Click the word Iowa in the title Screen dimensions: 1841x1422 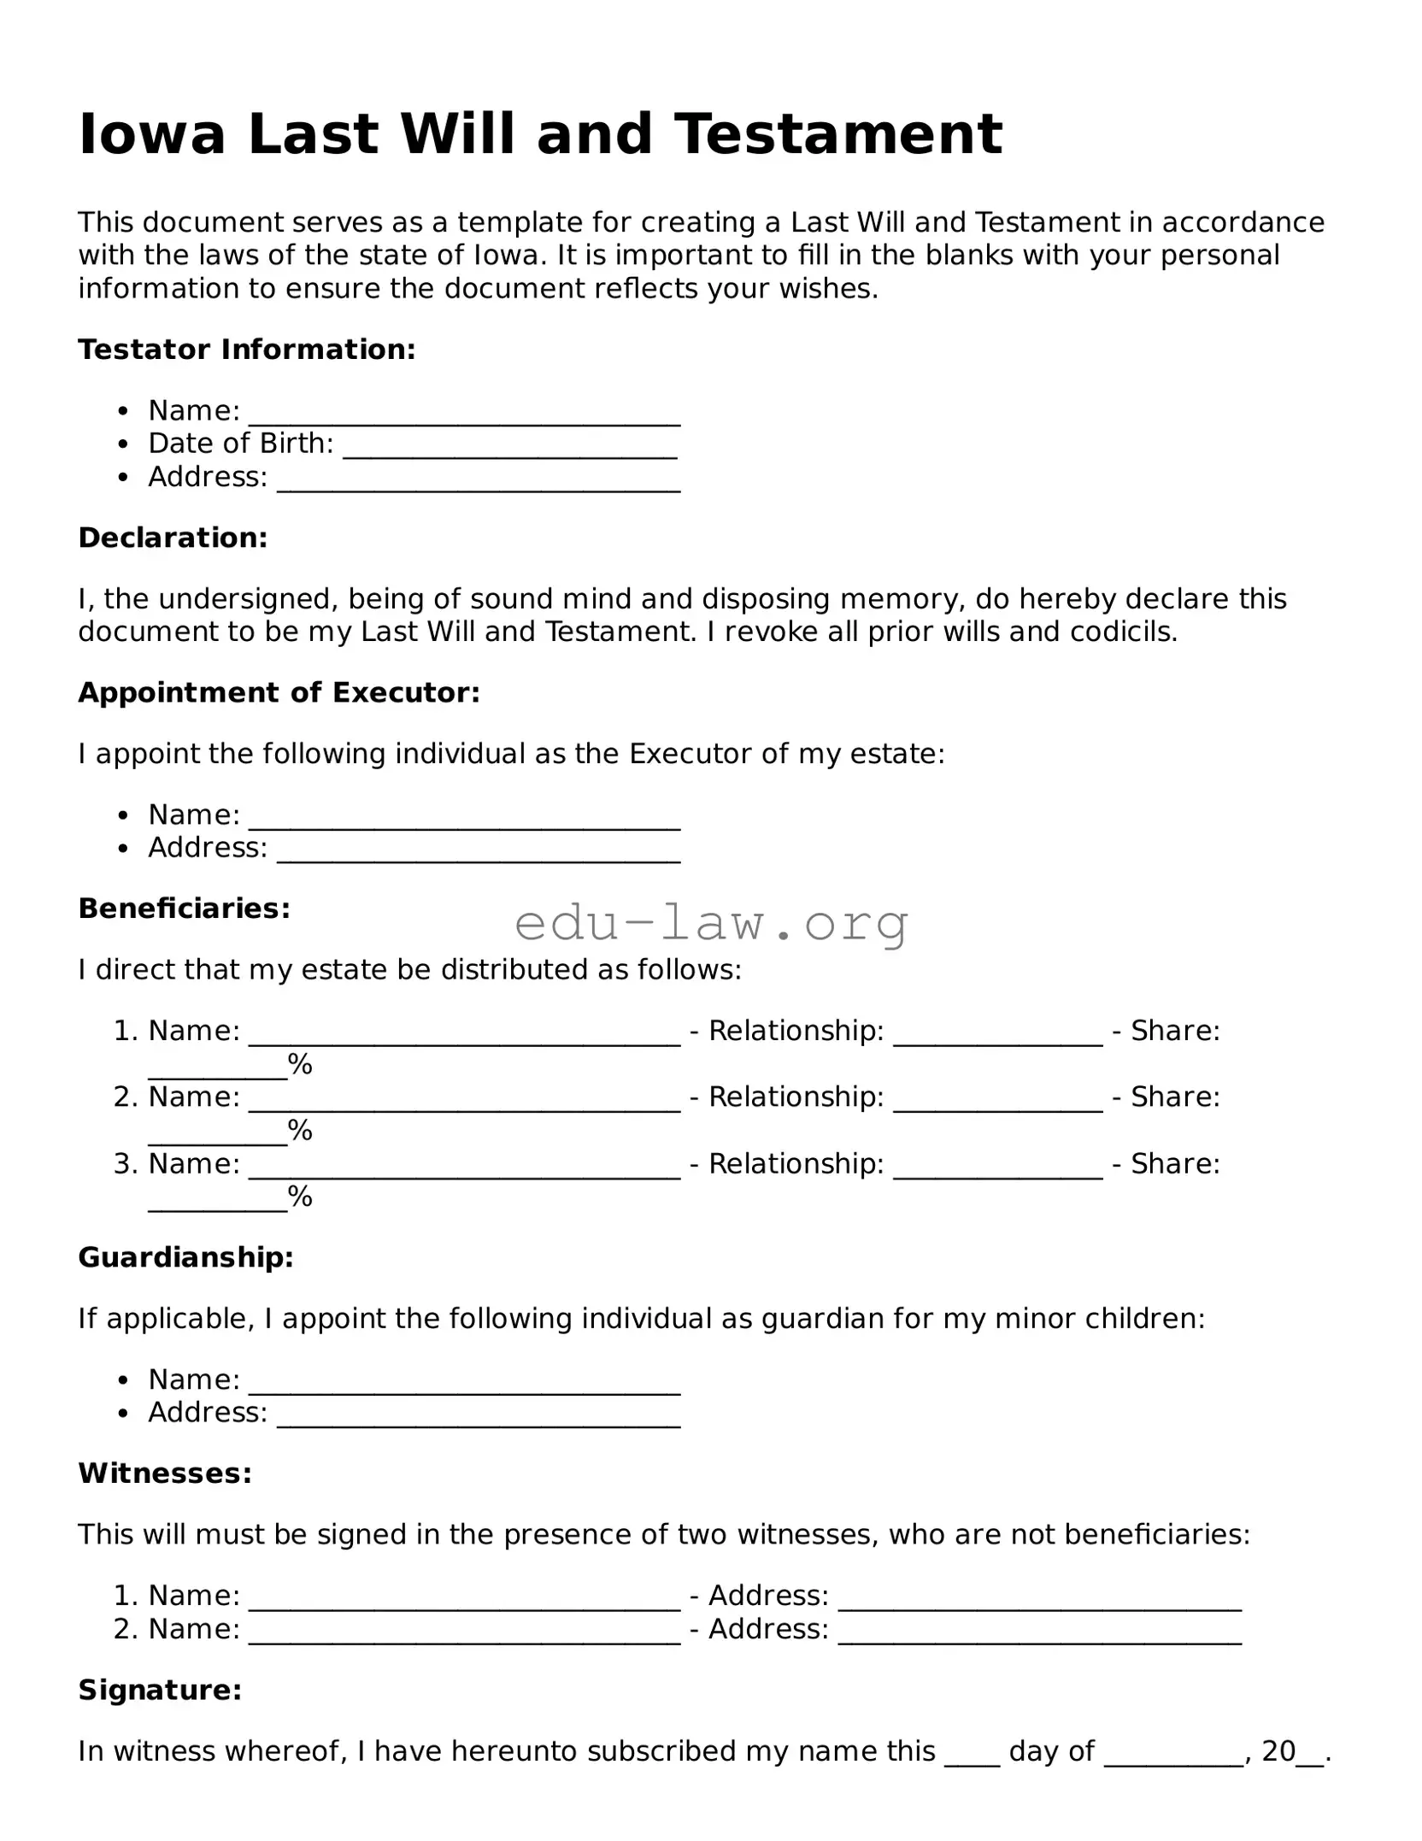click(152, 134)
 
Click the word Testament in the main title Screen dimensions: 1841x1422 click(837, 134)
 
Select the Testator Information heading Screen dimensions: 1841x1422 click(247, 350)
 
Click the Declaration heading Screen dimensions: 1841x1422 click(173, 538)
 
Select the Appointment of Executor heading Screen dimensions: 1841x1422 click(279, 692)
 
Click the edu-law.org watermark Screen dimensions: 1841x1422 click(711, 923)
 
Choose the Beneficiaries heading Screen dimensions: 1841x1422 click(185, 908)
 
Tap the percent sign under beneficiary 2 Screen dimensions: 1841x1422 click(300, 1130)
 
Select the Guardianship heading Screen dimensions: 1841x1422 click(186, 1257)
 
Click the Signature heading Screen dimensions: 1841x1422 click(160, 1690)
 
